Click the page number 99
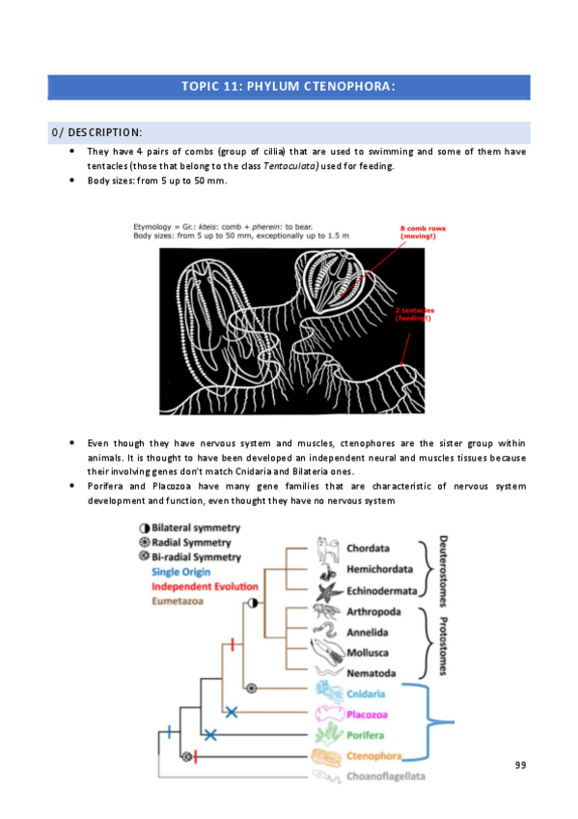click(520, 765)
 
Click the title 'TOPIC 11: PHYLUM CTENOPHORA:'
click(289, 87)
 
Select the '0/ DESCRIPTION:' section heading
click(96, 132)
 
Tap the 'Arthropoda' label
click(379, 611)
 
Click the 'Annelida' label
click(373, 632)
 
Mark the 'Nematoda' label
click(375, 672)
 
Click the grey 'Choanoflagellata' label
click(386, 776)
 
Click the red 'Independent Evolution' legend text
click(204, 586)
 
